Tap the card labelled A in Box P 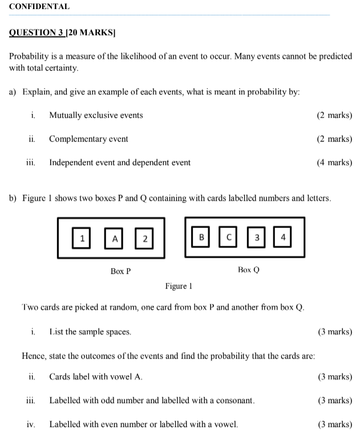115,238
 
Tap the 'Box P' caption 120,271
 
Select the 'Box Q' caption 249,269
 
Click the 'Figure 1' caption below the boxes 179,286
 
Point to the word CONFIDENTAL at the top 39,7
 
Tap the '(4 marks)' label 334,162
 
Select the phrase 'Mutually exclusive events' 96,115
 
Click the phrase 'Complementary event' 88,139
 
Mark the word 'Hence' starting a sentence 34,356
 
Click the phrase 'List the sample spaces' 90,331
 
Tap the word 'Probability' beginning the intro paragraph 30,57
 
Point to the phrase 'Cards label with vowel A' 96,376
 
